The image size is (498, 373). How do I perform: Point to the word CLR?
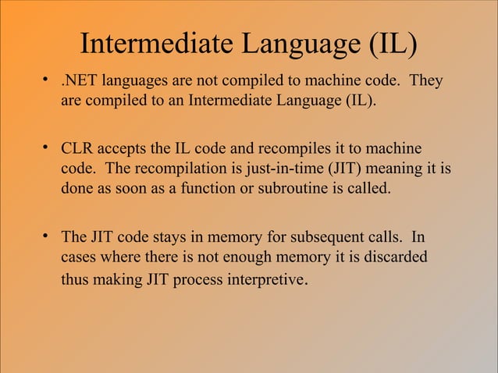(77, 149)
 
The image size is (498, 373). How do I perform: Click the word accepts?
(124, 149)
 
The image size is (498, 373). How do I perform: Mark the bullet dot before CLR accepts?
(48, 148)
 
